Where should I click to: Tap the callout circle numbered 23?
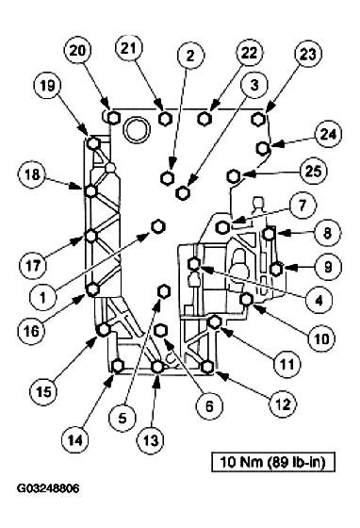[280, 55]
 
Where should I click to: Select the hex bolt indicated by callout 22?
[205, 119]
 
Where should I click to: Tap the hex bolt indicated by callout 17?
[92, 236]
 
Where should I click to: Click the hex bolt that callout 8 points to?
[269, 234]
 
